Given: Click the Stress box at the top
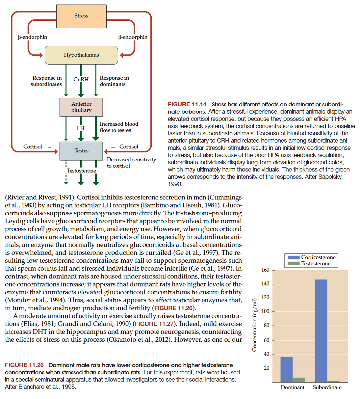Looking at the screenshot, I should (81, 16).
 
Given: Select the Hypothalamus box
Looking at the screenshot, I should (81, 55).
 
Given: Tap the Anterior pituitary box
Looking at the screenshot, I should (81, 107).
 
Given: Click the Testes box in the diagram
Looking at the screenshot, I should (81, 151).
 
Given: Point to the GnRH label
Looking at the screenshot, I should (81, 79).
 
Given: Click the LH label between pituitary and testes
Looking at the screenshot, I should (81, 128).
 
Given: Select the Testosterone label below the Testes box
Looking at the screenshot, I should (82, 171).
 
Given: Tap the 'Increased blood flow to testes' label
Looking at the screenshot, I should (119, 127).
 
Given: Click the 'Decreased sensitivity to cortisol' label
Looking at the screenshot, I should (131, 163).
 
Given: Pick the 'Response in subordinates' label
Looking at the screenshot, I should (46, 81).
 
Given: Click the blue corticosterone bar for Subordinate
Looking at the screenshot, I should (321, 331).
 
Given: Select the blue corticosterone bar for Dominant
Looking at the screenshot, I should (286, 369).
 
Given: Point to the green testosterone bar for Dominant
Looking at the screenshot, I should (299, 380).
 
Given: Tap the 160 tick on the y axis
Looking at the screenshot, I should (265, 270).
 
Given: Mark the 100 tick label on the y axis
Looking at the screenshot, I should (265, 311).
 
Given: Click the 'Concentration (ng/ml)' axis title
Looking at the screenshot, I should (254, 325).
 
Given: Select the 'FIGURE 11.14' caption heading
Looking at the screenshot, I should (187, 104).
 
